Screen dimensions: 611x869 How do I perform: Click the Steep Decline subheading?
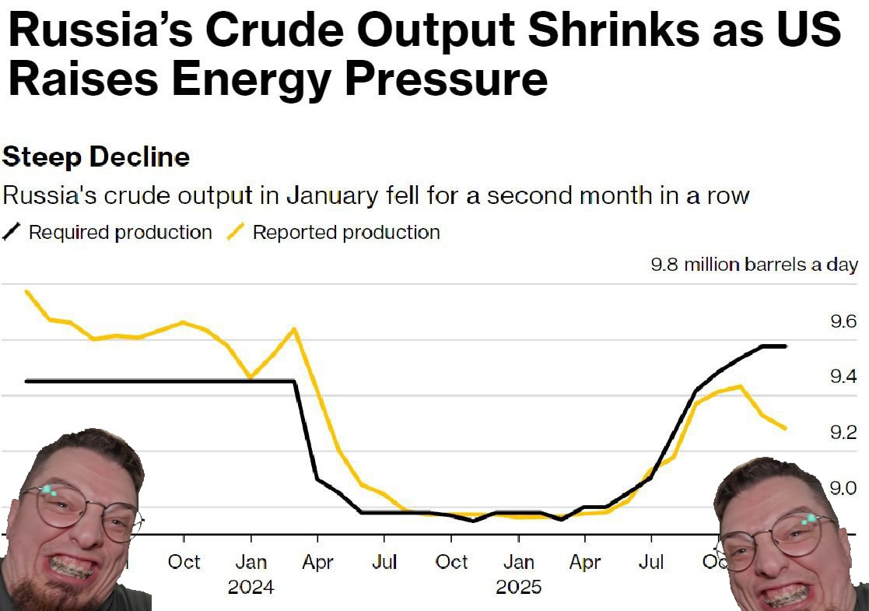point(96,157)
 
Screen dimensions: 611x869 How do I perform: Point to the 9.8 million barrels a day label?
point(754,265)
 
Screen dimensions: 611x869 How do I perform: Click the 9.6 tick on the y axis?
point(843,321)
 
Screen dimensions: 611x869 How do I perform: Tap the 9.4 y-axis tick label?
point(843,377)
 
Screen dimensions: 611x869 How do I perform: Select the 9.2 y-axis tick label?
point(843,433)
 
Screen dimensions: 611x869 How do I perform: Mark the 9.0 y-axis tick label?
point(843,488)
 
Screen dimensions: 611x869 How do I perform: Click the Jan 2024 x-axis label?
point(251,563)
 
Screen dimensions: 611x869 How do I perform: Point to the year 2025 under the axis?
point(518,586)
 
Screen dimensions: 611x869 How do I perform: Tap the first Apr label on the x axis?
point(317,563)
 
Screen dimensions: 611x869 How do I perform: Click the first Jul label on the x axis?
point(384,563)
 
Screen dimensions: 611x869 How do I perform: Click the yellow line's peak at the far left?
point(27,292)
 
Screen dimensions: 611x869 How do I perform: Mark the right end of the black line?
point(785,346)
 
